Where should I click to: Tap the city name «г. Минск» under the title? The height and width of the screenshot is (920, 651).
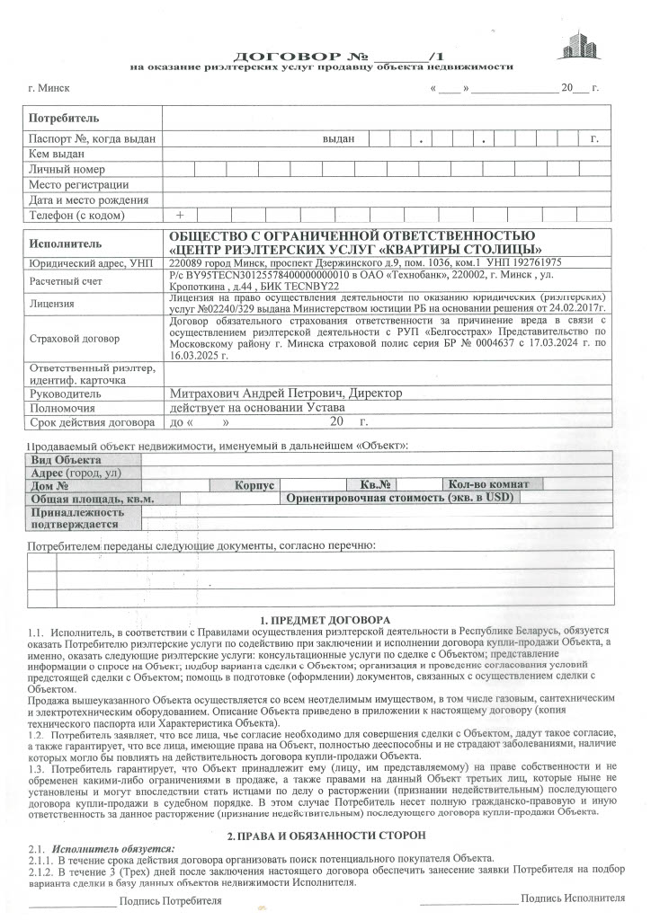pyautogui.click(x=49, y=88)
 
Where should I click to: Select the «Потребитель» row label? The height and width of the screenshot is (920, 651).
pyautogui.click(x=64, y=119)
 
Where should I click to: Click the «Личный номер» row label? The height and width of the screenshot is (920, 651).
pyautogui.click(x=67, y=169)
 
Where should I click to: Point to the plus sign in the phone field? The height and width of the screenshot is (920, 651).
pyautogui.click(x=180, y=216)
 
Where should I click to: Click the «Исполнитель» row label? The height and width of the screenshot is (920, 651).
pyautogui.click(x=66, y=243)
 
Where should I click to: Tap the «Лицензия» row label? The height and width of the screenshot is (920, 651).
pyautogui.click(x=51, y=304)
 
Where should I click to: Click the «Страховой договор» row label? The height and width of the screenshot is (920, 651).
pyautogui.click(x=74, y=339)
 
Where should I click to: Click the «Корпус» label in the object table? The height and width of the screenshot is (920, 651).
pyautogui.click(x=254, y=485)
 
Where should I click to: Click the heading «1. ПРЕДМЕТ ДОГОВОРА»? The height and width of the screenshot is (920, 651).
pyautogui.click(x=325, y=620)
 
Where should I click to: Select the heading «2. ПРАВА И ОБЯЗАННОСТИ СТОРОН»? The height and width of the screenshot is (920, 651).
pyautogui.click(x=325, y=836)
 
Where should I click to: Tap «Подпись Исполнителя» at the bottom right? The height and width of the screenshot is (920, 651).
pyautogui.click(x=572, y=898)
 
